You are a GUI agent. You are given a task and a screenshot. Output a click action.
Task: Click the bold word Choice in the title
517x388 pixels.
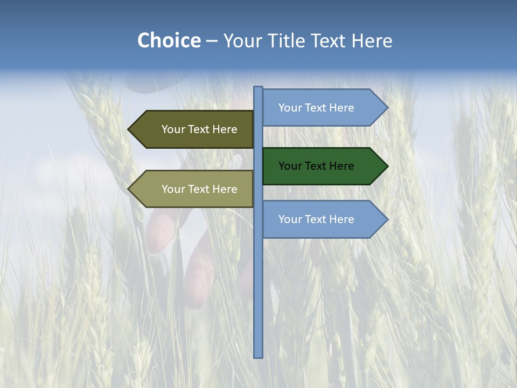click(169, 40)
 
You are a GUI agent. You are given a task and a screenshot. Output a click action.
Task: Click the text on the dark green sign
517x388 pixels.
click(316, 166)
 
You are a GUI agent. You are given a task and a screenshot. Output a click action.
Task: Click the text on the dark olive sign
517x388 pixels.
click(199, 129)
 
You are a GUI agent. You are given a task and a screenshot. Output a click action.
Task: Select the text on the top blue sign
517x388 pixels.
click(316, 108)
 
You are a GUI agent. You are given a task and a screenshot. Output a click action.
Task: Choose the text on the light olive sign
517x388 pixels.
click(199, 189)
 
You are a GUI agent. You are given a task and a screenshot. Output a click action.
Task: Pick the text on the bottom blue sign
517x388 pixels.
click(316, 219)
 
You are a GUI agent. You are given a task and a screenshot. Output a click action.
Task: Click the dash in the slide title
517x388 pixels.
click(212, 41)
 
